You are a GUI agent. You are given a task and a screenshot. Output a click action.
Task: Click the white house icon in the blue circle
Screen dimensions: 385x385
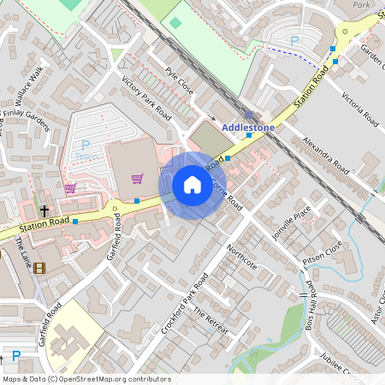coord(192,185)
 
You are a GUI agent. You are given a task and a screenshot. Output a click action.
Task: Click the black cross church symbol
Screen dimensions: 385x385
coord(44,210)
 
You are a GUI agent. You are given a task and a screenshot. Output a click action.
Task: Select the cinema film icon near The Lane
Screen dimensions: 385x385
coord(42,266)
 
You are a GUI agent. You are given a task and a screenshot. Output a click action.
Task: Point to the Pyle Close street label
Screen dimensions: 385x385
coord(181,82)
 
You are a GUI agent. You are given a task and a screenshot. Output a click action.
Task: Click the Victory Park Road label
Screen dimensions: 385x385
coord(146,99)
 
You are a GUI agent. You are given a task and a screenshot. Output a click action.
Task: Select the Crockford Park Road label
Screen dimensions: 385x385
coord(185,305)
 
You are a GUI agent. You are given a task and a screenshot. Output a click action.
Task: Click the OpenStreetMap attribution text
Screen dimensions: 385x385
coord(86,379)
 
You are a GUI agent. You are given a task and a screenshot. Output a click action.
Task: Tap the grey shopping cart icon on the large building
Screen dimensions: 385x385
coord(137,178)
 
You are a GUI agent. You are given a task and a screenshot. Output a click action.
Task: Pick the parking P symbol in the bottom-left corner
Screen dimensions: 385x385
coord(15,356)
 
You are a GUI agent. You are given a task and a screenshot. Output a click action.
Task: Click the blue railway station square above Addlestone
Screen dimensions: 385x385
coord(248,113)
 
